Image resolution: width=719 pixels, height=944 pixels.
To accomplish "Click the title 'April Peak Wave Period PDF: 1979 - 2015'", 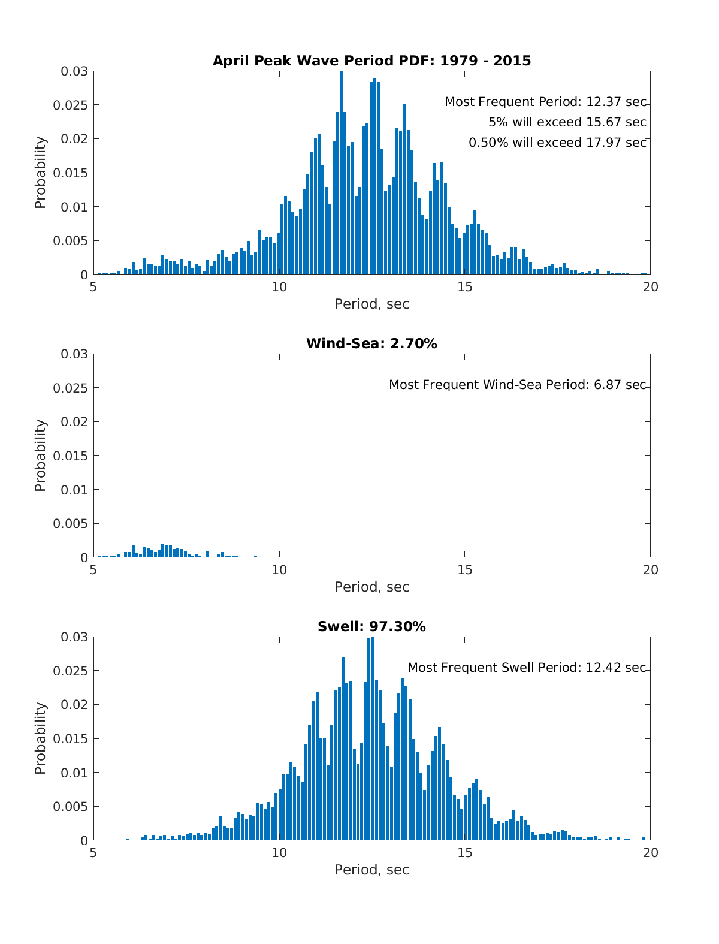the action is click(x=371, y=61).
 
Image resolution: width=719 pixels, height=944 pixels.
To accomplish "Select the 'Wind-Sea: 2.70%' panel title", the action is click(x=371, y=343).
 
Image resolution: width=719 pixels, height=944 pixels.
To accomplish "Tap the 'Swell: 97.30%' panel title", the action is click(x=371, y=626).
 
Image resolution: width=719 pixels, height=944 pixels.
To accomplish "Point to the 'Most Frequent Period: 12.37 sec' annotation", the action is click(x=545, y=102).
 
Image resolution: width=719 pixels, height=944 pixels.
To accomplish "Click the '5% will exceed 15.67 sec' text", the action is click(x=567, y=122).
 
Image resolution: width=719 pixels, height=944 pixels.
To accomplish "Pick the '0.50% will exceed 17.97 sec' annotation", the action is click(x=557, y=143).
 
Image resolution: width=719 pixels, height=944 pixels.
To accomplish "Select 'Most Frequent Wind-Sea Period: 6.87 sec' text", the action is click(x=518, y=384).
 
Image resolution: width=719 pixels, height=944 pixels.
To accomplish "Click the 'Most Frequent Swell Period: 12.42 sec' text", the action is click(x=527, y=668).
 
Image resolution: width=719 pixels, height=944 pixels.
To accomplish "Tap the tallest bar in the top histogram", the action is click(x=342, y=173).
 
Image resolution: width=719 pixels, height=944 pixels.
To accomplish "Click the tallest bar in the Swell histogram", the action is click(x=373, y=738).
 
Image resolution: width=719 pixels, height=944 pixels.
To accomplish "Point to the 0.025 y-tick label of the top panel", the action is click(x=70, y=105).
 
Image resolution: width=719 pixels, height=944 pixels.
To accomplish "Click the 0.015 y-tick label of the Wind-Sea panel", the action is click(x=70, y=456).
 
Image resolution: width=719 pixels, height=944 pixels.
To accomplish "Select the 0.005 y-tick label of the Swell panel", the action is click(x=70, y=806).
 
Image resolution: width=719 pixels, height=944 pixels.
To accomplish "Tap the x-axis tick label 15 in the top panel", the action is click(x=464, y=287).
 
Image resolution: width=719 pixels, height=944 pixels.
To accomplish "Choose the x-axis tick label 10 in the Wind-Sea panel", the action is click(x=279, y=570).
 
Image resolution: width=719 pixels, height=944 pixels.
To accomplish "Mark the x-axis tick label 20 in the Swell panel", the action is click(x=650, y=853).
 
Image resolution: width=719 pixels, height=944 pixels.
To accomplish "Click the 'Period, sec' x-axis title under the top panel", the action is click(x=371, y=304).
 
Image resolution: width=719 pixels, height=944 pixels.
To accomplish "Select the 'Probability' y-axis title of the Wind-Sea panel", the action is click(x=40, y=456).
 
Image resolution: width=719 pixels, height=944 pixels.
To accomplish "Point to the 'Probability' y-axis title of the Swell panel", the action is click(x=40, y=738).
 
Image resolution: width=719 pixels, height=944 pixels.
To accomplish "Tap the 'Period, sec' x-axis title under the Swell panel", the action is click(x=371, y=870).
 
